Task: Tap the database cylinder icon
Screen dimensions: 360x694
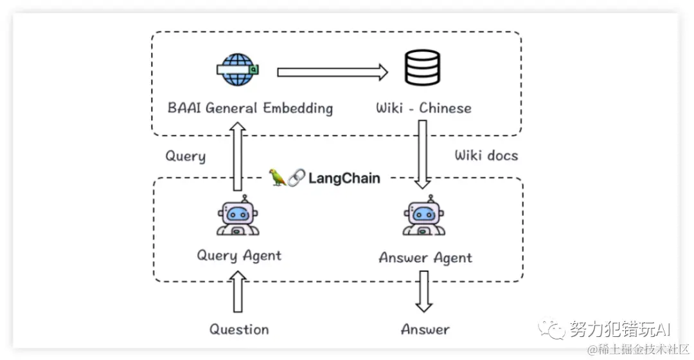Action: [x=422, y=69]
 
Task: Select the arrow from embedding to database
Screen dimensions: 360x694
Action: [x=332, y=71]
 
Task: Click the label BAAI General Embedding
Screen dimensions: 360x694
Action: [x=250, y=107]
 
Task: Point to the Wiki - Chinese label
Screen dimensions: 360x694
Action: [x=423, y=107]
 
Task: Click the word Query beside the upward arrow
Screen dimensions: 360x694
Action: [x=186, y=157]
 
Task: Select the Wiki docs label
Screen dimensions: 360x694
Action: [x=486, y=155]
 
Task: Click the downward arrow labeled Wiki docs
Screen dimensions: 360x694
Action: [x=422, y=154]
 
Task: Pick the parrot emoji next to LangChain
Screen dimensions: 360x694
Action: [x=278, y=177]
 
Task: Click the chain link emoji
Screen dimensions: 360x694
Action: [x=296, y=178]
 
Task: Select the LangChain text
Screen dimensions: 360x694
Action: [x=344, y=178]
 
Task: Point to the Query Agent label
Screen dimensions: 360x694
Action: [x=239, y=255]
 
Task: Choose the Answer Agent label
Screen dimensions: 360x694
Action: [x=425, y=258]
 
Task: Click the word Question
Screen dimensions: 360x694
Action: [x=239, y=330]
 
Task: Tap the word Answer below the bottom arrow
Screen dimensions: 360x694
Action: [x=425, y=330]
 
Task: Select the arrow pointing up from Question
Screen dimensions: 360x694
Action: [x=239, y=292]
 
